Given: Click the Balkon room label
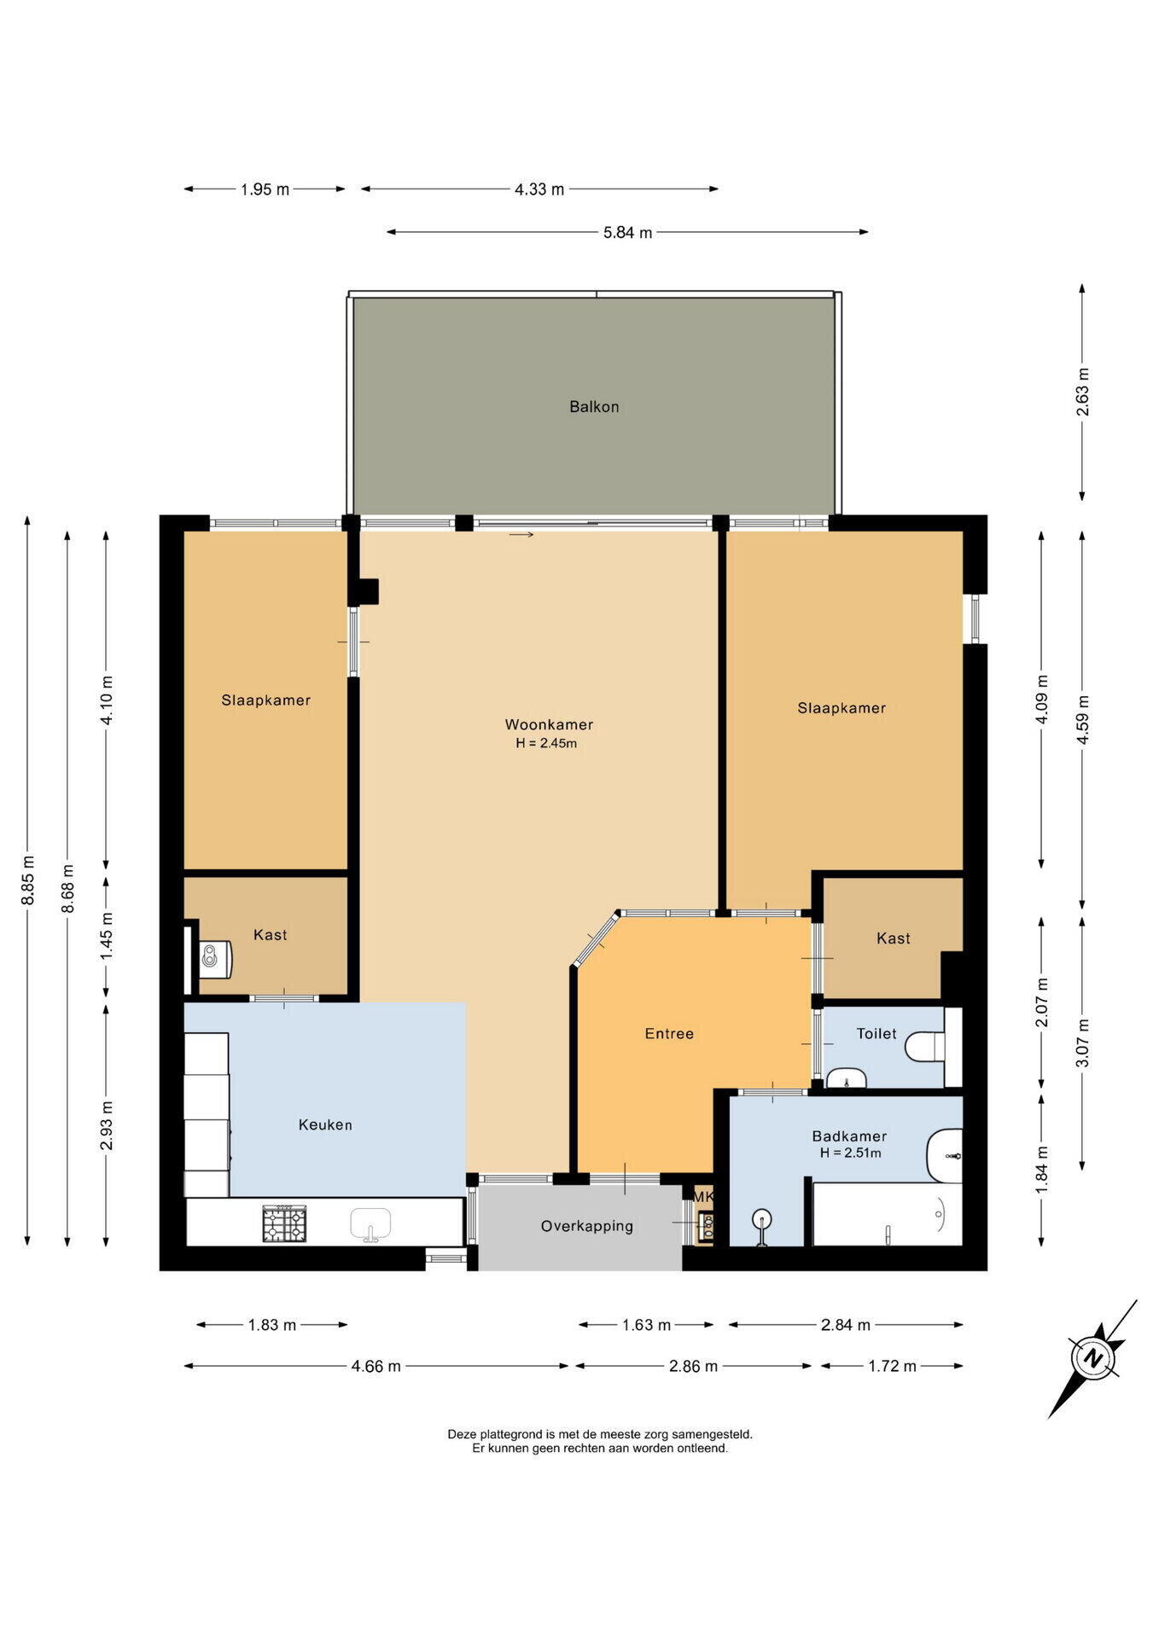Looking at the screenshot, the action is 594,407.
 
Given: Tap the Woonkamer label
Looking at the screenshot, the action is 549,725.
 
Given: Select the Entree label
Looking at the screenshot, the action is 669,1034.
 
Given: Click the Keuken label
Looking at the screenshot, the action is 325,1125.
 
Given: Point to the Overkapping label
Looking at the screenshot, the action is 587,1227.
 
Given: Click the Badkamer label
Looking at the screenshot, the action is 849,1136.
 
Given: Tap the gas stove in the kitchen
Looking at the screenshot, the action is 283,1223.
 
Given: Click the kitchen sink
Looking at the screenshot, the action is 370,1223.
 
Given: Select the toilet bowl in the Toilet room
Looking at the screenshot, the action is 924,1046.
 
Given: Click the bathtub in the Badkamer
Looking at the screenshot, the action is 888,1214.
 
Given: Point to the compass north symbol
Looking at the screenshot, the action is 1092,1358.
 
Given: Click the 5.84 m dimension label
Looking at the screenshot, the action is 627,232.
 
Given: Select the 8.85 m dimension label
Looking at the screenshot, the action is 28,880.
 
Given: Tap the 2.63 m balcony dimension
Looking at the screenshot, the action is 1082,392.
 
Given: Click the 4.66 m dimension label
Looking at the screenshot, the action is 376,1366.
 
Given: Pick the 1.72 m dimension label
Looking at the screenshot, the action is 892,1366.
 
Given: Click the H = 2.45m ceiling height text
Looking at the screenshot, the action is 546,743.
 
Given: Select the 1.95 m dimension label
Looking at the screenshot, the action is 265,189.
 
